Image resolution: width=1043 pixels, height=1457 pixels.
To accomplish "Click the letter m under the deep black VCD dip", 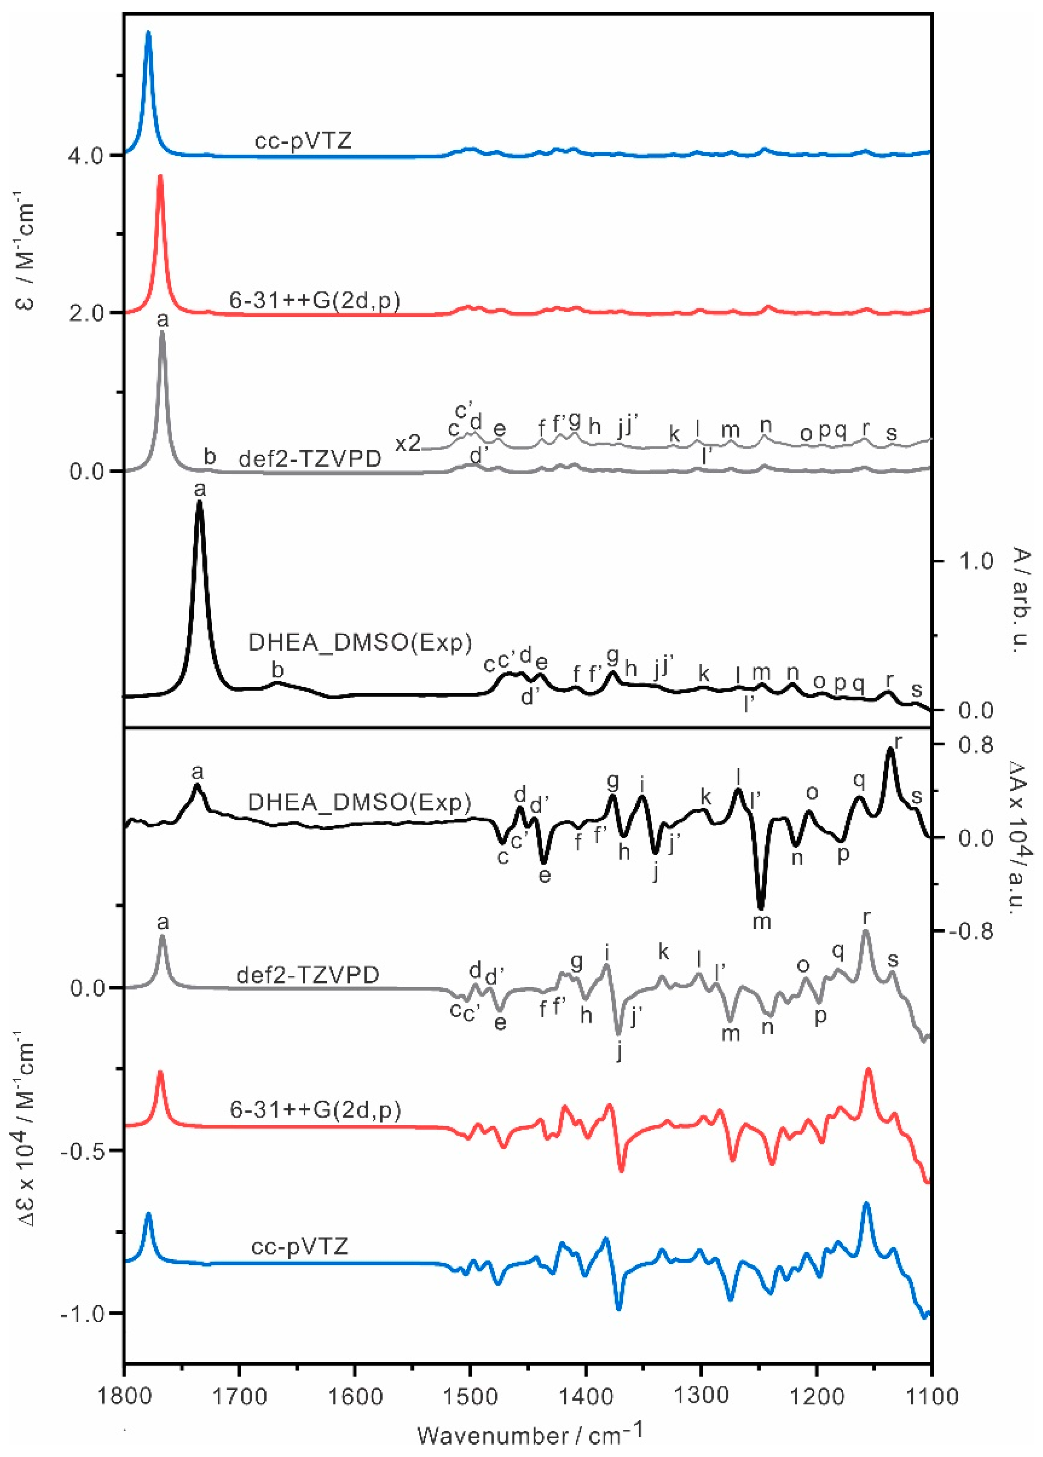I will coord(762,922).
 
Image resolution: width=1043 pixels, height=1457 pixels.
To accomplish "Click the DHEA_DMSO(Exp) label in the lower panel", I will coord(360,802).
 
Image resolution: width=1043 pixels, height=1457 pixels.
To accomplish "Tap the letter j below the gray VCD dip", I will coord(619,1052).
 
